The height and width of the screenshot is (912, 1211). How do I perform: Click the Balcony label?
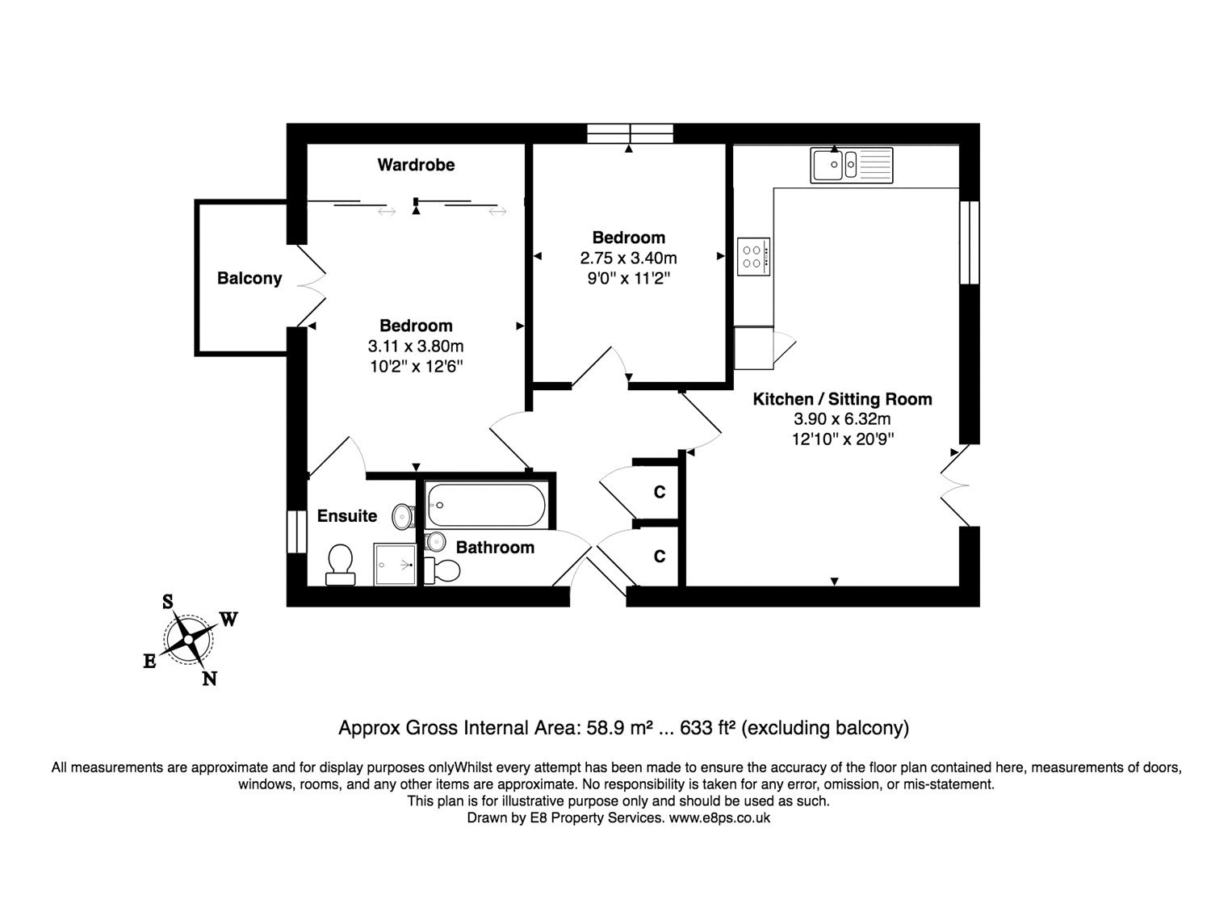tap(249, 279)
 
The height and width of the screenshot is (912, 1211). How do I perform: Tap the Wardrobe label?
tap(416, 165)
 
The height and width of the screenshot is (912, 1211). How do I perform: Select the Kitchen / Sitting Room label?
tap(842, 399)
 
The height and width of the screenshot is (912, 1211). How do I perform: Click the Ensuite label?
tap(347, 516)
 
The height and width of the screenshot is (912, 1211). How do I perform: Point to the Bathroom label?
tap(495, 548)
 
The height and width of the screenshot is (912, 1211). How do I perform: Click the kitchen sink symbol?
tap(851, 165)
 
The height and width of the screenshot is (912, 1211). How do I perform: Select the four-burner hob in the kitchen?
tap(753, 257)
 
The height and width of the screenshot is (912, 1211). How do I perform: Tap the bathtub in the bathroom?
tap(487, 506)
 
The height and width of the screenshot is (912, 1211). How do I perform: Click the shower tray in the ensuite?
tap(395, 564)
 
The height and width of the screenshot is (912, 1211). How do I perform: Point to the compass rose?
tap(187, 639)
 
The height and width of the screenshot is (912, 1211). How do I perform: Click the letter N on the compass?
tap(209, 679)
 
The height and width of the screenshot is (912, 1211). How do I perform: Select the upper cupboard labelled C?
tap(660, 491)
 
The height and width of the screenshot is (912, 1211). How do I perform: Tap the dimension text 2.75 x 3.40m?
tap(628, 258)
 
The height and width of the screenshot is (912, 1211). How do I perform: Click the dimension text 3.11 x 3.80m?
tap(416, 347)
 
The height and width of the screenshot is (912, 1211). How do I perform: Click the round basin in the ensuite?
tap(401, 515)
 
